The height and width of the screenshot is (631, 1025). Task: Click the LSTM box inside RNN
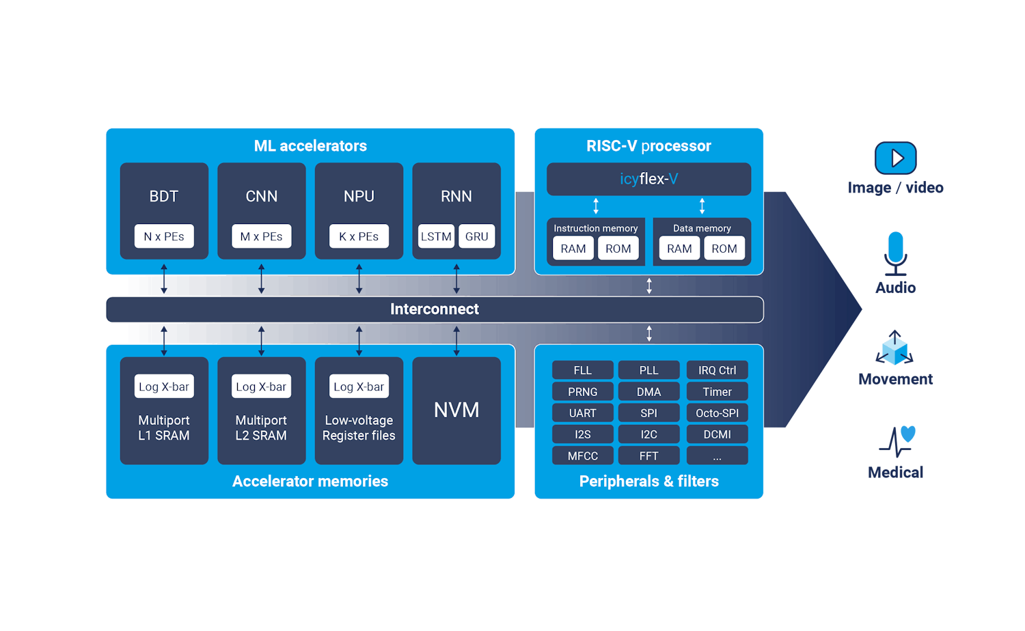point(436,236)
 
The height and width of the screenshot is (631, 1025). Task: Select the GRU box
point(476,236)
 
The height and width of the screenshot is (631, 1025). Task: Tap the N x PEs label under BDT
point(164,236)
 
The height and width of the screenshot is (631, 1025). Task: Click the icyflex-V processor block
point(648,179)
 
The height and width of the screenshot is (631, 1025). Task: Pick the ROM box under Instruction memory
point(618,249)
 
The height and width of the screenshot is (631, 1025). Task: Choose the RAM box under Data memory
point(679,249)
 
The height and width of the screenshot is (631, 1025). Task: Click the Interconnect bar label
point(434,309)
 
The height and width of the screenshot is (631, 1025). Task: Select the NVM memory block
point(456,410)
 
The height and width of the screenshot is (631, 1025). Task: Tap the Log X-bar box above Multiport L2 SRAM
point(261,387)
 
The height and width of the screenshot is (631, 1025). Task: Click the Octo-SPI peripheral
point(717,413)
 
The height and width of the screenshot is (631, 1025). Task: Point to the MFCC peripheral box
point(582,455)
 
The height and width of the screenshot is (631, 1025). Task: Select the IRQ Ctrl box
point(717,370)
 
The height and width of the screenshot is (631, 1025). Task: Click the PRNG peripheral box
point(582,392)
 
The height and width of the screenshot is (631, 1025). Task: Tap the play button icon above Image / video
point(895,158)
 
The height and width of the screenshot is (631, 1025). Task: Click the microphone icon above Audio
point(895,251)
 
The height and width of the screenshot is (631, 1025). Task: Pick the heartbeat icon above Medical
point(897,441)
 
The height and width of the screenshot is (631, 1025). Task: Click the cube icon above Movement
point(894,348)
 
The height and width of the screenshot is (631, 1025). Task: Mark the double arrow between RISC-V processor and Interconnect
point(649,286)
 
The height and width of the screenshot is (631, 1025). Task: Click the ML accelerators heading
point(310,146)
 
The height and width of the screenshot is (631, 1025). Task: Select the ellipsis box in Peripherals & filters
point(717,455)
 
